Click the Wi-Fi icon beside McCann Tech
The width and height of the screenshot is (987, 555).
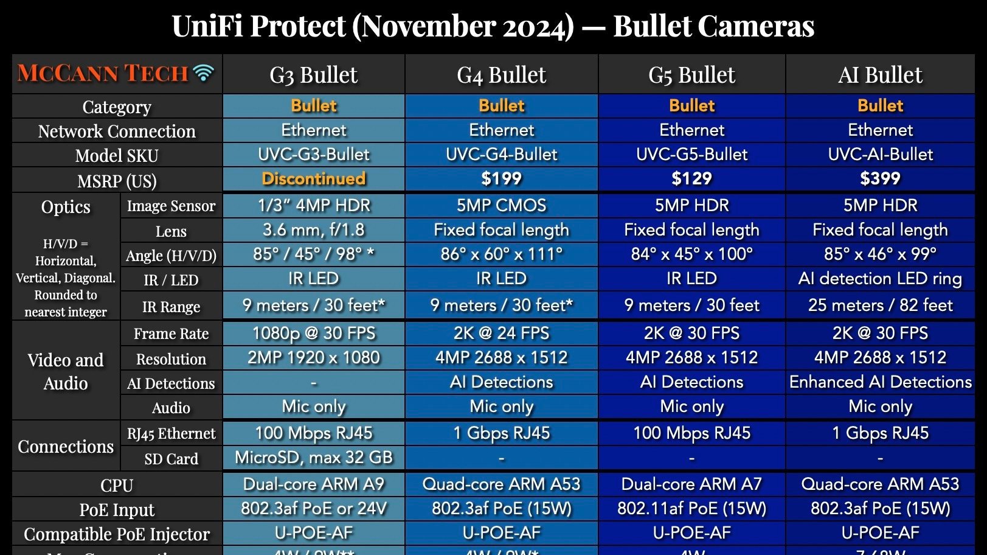[x=204, y=73]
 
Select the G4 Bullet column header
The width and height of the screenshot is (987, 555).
[x=501, y=75]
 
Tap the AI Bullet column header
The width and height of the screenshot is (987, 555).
[x=880, y=75]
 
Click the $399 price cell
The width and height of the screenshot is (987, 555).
[x=880, y=178]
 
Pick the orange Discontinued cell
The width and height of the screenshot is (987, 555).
[x=314, y=178]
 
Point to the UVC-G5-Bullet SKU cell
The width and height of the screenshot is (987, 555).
[x=691, y=155]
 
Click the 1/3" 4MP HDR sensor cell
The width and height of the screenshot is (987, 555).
[x=314, y=206]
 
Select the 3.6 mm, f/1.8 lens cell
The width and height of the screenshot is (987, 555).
[x=314, y=230]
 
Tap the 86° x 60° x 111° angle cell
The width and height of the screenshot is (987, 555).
[x=501, y=254]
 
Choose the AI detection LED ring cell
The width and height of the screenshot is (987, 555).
[x=880, y=279]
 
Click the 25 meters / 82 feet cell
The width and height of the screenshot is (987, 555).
[x=880, y=305]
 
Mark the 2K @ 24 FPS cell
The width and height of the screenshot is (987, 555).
[x=501, y=333]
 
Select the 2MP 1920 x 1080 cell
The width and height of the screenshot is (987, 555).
[x=314, y=358]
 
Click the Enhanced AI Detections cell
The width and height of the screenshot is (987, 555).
[x=880, y=382]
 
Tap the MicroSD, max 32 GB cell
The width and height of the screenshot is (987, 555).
[x=314, y=458]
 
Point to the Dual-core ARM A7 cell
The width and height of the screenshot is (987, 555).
[x=691, y=484]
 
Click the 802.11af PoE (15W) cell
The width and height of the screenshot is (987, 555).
[x=691, y=509]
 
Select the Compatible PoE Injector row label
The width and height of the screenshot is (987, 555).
[x=117, y=534]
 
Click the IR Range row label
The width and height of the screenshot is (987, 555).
[x=171, y=307]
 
